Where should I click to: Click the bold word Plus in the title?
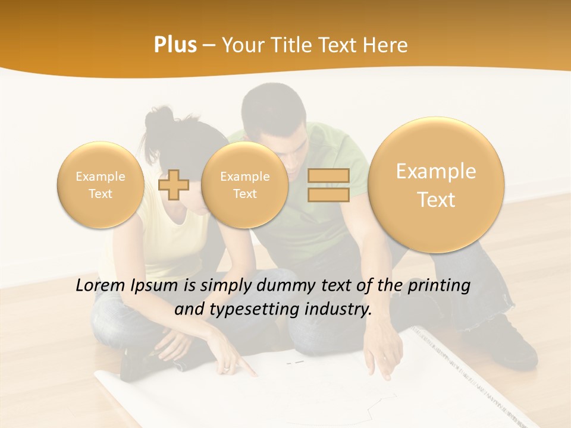tap(175, 45)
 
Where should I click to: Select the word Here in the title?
tap(387, 45)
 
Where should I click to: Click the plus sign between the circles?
tap(174, 184)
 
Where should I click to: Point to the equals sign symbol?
tap(328, 185)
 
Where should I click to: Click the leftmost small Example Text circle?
tap(101, 185)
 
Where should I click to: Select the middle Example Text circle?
tap(244, 185)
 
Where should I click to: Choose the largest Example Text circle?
tap(436, 185)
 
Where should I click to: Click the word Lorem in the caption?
tap(101, 286)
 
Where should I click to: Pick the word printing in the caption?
tap(440, 286)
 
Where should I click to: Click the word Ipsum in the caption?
tap(155, 286)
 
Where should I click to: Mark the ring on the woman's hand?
tap(227, 369)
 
